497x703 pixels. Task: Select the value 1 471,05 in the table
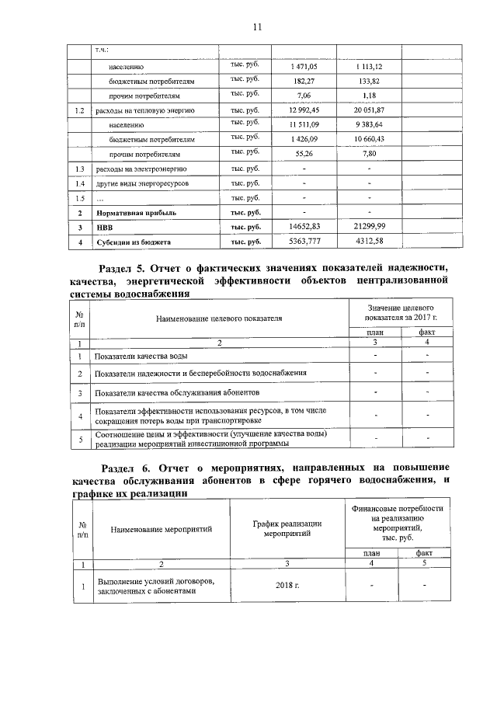[304, 67]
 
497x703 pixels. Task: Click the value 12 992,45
[304, 110]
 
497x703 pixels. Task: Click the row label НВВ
[104, 228]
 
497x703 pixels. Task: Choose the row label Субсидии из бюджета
[133, 242]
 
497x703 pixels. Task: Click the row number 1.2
[78, 110]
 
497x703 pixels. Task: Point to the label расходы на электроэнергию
[141, 169]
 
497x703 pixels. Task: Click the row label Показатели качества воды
[140, 356]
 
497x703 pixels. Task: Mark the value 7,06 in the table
[304, 96]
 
